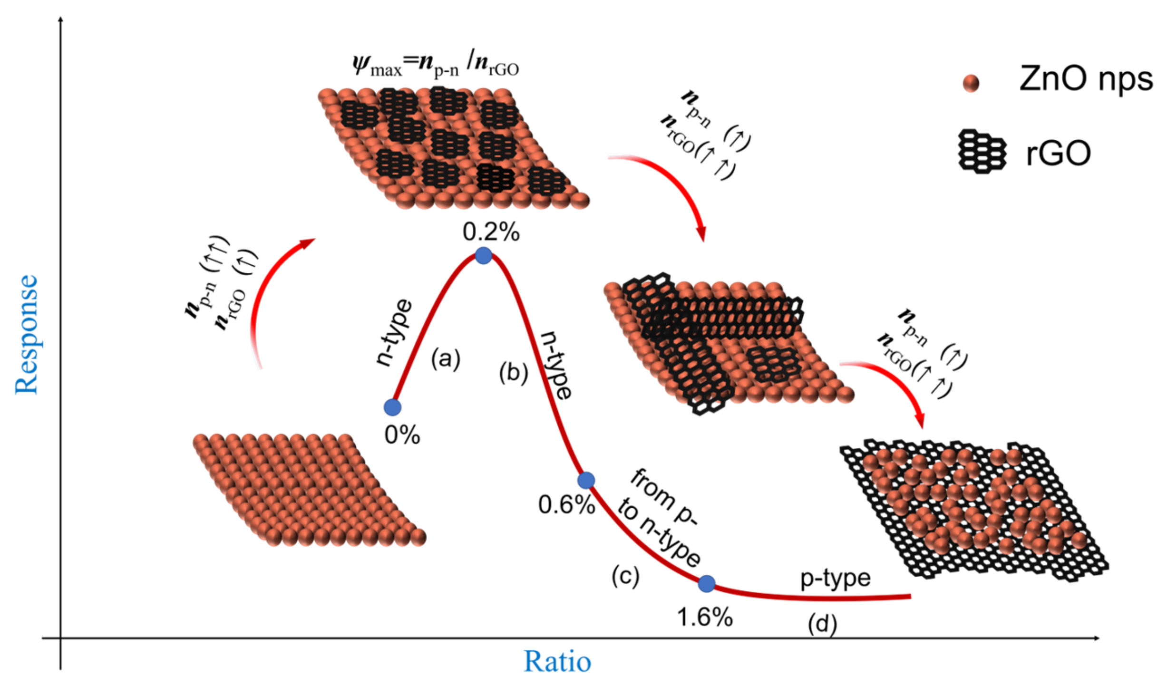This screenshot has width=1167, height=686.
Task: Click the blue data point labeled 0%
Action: click(392, 407)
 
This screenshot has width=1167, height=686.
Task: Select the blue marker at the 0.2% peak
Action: click(483, 255)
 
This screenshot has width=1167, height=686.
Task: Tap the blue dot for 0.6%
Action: click(586, 480)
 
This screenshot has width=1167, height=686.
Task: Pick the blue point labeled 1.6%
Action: click(707, 583)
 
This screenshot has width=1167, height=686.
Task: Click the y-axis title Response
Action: click(27, 335)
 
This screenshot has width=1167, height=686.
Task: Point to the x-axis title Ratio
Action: click(557, 661)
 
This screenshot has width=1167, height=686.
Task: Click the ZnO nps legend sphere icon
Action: click(971, 83)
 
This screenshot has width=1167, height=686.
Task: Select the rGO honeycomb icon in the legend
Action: click(982, 151)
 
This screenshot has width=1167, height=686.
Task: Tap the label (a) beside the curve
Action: click(446, 358)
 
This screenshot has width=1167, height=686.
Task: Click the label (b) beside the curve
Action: click(514, 373)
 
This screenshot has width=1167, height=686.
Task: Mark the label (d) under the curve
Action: click(822, 624)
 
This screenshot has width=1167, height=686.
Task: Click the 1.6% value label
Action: click(704, 618)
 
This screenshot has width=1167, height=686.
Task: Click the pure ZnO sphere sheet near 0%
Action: click(309, 490)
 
